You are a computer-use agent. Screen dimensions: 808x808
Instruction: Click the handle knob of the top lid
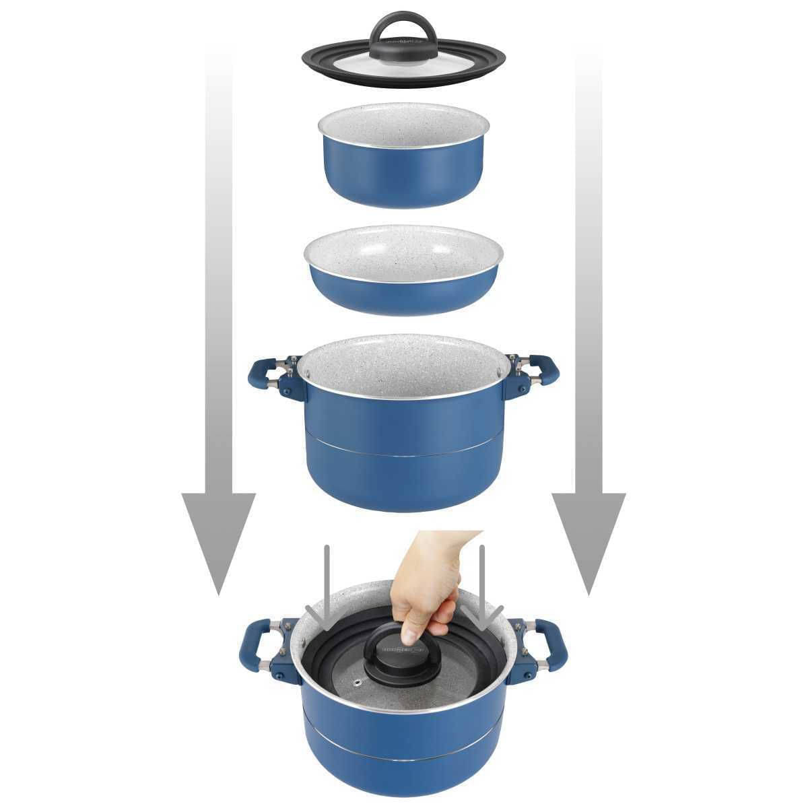click(x=403, y=30)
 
